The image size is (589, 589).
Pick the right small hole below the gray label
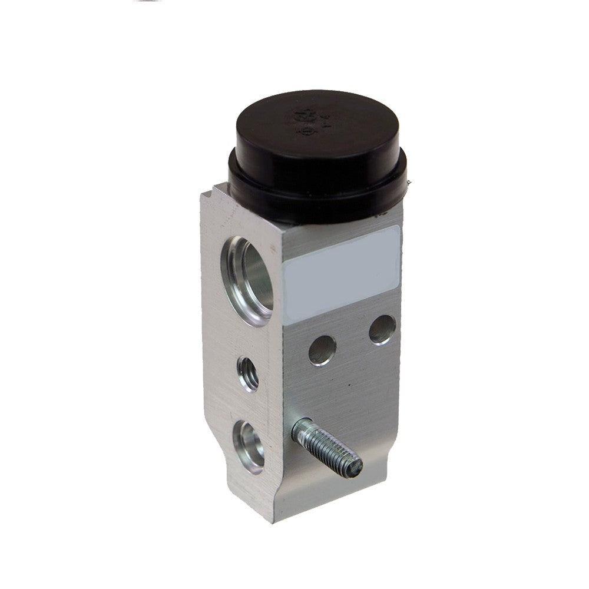(382, 329)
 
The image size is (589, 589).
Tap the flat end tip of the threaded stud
(355, 466)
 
